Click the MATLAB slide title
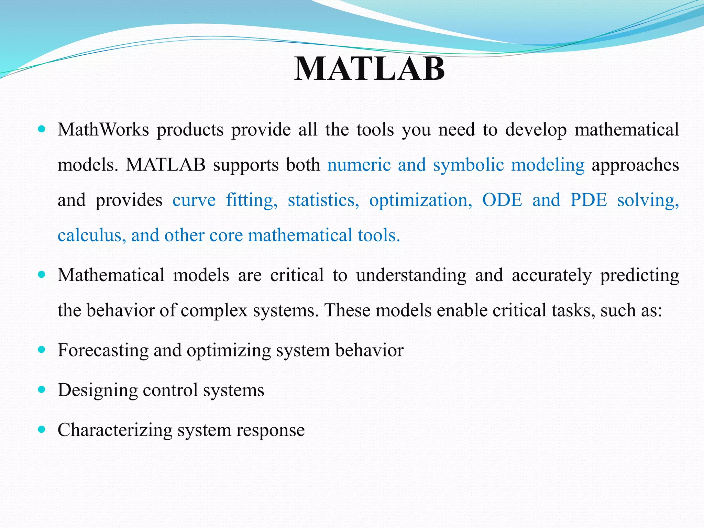click(370, 69)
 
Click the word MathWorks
click(103, 130)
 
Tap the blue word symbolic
click(468, 165)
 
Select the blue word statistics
click(323, 200)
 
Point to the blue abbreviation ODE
click(502, 200)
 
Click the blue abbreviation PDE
click(588, 200)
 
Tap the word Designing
click(98, 390)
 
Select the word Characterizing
click(115, 430)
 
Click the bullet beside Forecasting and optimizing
click(42, 350)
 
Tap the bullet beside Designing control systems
click(42, 389)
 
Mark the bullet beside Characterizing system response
click(42, 429)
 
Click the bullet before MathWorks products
click(42, 129)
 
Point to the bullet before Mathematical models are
click(42, 275)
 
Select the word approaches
click(635, 165)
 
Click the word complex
click(214, 310)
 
